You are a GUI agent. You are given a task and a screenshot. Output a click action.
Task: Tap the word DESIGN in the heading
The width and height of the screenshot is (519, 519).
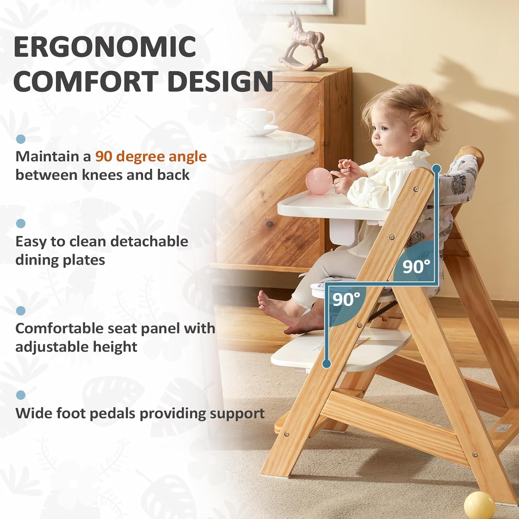(x=220, y=81)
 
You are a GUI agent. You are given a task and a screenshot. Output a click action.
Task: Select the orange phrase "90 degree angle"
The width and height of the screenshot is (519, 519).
(x=151, y=157)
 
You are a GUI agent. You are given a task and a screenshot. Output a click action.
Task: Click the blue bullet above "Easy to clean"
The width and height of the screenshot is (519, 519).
(x=21, y=224)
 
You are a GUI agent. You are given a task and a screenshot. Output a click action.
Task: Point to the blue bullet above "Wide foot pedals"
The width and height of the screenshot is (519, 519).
(x=21, y=395)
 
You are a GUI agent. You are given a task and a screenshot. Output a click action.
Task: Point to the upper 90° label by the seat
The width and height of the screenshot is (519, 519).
(x=416, y=266)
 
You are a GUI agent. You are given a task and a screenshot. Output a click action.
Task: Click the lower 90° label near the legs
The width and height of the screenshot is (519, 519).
(x=346, y=299)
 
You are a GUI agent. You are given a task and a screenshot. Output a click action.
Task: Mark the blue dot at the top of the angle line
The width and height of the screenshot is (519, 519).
(x=437, y=169)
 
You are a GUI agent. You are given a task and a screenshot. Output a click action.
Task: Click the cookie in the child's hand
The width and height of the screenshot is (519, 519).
(x=345, y=164)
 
